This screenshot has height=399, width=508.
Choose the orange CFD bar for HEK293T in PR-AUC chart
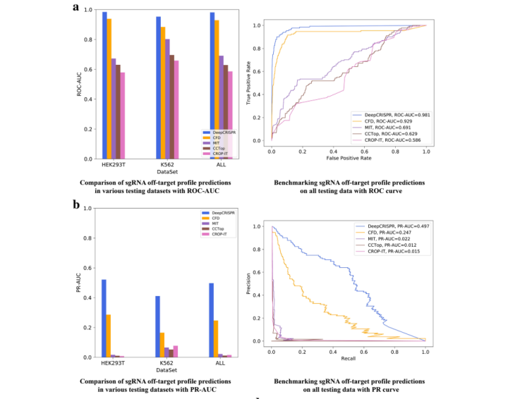[x=108, y=336]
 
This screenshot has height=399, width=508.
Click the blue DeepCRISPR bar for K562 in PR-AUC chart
[x=157, y=326]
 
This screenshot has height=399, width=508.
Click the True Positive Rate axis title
[x=248, y=83]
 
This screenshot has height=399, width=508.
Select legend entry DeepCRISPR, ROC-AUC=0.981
[x=388, y=115]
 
